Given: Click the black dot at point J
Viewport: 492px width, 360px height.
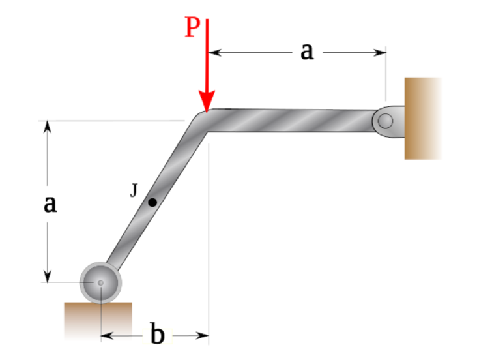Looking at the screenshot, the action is [152, 202].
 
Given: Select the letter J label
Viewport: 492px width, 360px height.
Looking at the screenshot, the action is [134, 190].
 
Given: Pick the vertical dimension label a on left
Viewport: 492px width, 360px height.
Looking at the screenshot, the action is [49, 203].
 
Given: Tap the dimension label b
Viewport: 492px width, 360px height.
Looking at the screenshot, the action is [157, 335].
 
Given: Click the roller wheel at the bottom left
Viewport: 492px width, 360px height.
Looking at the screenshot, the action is [100, 282].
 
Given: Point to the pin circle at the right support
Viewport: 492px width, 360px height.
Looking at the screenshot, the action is [385, 121].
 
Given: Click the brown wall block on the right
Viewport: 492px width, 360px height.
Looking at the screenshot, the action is [422, 118].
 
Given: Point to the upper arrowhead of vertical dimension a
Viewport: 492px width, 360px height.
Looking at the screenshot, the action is [47, 126].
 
